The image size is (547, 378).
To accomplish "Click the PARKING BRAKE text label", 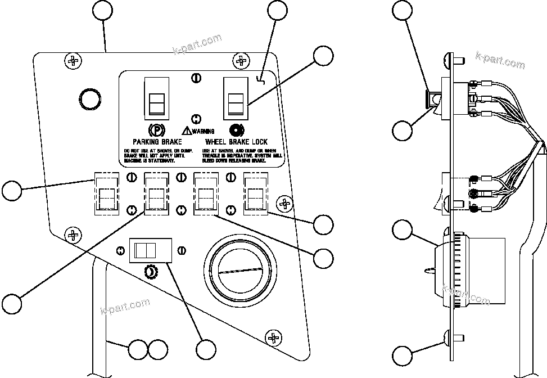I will tap(157, 142).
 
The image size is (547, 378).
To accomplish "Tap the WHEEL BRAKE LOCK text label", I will tap(237, 142).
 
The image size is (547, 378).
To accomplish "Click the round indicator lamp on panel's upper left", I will tap(90, 98).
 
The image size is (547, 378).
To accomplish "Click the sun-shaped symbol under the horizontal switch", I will tap(151, 272).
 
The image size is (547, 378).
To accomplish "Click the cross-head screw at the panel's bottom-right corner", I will tap(274, 337).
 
